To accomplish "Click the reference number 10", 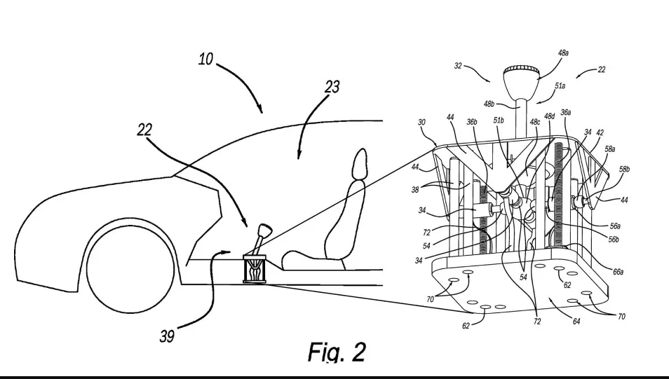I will [205, 60].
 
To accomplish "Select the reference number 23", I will [332, 88].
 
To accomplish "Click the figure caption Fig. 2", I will [337, 352].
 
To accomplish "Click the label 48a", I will [563, 53].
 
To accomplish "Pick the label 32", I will [459, 67].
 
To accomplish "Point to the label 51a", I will [561, 86].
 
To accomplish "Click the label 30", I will [421, 122].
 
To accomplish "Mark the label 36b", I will [472, 121].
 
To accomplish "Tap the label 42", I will [600, 132].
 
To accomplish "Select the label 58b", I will [624, 170].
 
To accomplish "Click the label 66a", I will [618, 272].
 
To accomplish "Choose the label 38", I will [415, 189].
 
